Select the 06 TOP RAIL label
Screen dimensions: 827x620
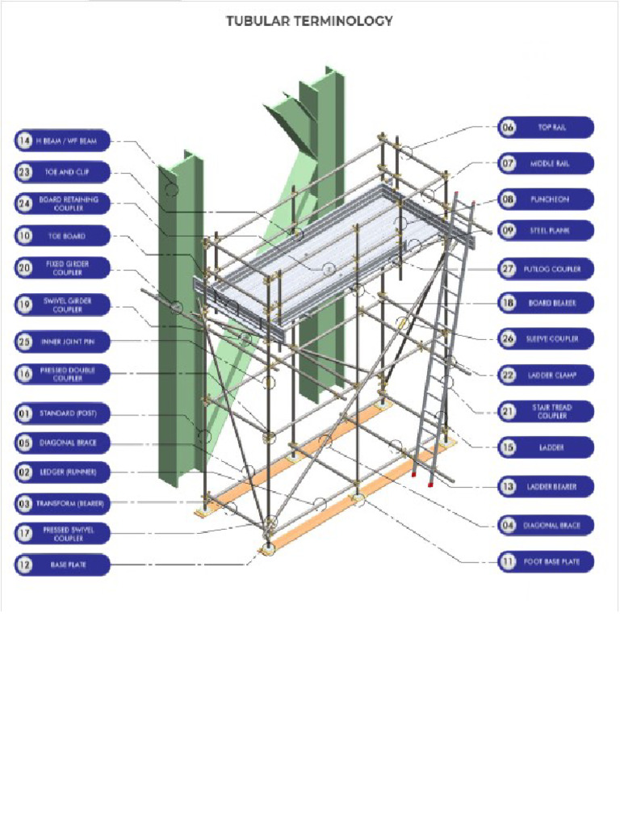coord(546,128)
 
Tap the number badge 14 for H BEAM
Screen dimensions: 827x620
coord(25,141)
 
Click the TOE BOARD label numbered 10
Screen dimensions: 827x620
coord(61,236)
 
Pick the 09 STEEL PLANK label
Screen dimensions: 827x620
coord(546,231)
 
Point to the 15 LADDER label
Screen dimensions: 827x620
coord(546,447)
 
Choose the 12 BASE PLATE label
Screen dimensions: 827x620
coord(61,565)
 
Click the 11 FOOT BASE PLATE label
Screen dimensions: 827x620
coord(546,560)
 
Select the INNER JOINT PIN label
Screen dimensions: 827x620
coord(61,342)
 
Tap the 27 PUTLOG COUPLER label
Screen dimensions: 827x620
coord(546,268)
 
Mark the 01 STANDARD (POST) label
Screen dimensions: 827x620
coord(61,414)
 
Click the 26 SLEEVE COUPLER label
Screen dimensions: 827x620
coord(546,338)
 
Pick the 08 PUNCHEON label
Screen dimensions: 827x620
coord(546,199)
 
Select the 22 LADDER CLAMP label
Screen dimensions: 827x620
coord(546,375)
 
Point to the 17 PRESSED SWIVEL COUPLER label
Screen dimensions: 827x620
coord(61,534)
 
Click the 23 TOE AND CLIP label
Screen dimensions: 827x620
coord(61,172)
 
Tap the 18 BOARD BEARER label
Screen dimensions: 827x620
coord(546,303)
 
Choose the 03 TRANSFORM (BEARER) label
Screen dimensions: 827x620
coord(61,504)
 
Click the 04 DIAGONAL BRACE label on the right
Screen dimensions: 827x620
coord(546,526)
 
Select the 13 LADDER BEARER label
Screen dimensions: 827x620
coord(546,486)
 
